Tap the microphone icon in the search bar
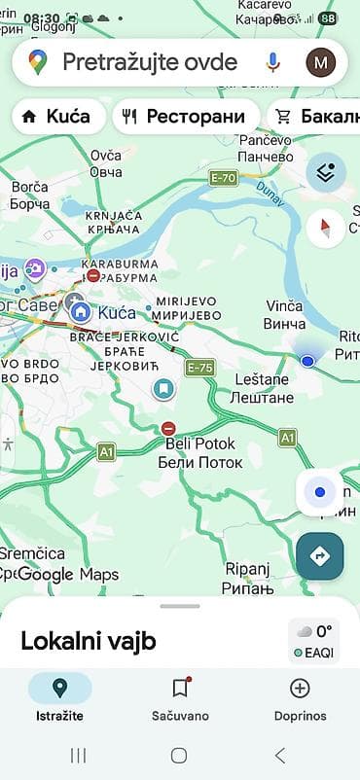pyautogui.click(x=273, y=63)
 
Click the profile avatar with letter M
pyautogui.click(x=320, y=63)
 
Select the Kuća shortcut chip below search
pyautogui.click(x=57, y=117)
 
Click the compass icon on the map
pyautogui.click(x=325, y=229)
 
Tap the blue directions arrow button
pyautogui.click(x=320, y=555)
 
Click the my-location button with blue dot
pyautogui.click(x=320, y=493)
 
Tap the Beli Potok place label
pyautogui.click(x=200, y=452)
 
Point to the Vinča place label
pyautogui.click(x=285, y=314)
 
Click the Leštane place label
pyautogui.click(x=260, y=388)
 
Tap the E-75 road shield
pyautogui.click(x=200, y=367)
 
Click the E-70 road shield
pyautogui.click(x=222, y=178)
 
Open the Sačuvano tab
pyautogui.click(x=179, y=698)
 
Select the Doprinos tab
pyautogui.click(x=300, y=698)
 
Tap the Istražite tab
pyautogui.click(x=59, y=698)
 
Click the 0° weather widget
pyautogui.click(x=313, y=640)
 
